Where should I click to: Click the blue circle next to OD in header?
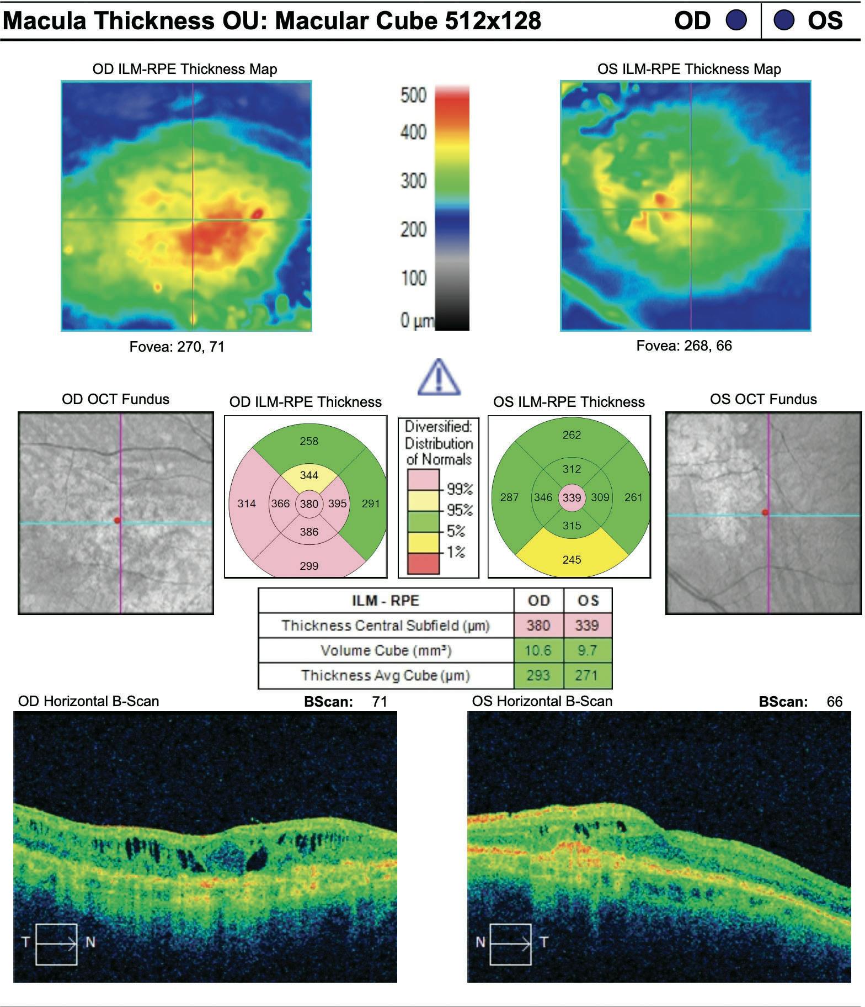click(736, 20)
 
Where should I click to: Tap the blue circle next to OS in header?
click(784, 20)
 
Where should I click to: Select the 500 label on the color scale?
click(413, 96)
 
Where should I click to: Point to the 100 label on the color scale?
click(413, 277)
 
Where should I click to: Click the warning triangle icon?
click(439, 378)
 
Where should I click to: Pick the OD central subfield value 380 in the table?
click(538, 626)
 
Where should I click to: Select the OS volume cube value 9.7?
click(587, 650)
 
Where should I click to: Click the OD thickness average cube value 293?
click(538, 675)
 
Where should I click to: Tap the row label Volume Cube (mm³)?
click(386, 650)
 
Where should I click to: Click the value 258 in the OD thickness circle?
click(309, 441)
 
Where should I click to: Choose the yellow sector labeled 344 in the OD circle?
click(309, 475)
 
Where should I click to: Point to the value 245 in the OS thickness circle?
click(572, 559)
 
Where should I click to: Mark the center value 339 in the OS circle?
click(572, 497)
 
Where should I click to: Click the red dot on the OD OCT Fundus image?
click(117, 520)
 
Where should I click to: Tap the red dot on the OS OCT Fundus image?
click(765, 513)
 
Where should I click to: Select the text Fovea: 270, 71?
click(177, 347)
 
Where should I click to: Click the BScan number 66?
click(835, 702)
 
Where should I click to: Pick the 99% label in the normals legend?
click(460, 489)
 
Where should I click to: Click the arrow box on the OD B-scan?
click(56, 944)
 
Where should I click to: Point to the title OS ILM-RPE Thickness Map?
click(689, 69)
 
